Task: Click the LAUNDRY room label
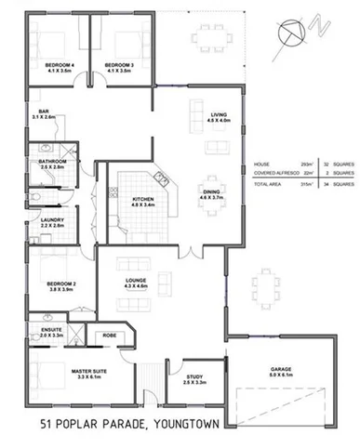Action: (x=51, y=220)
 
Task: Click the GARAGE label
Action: (x=280, y=370)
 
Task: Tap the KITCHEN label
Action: (x=142, y=200)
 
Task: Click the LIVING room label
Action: (x=218, y=115)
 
